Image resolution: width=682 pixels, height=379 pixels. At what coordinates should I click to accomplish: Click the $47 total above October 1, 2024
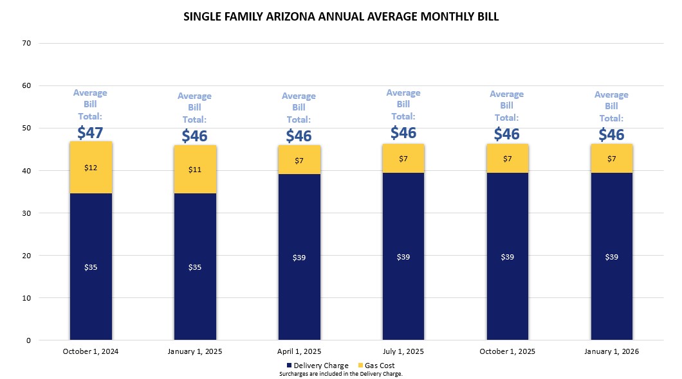(90, 132)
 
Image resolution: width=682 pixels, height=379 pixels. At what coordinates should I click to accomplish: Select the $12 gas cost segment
(91, 168)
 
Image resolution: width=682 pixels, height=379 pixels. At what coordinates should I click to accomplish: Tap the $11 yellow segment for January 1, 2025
(195, 170)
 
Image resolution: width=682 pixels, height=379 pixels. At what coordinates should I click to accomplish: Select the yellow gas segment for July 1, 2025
(403, 158)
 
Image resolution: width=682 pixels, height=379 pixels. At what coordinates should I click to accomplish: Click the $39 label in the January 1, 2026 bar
(612, 257)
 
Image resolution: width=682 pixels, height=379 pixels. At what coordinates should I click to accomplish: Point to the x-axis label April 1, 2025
(299, 351)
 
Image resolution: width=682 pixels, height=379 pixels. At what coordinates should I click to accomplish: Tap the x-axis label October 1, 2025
(508, 351)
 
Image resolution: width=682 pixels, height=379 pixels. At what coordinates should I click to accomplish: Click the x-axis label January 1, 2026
(612, 351)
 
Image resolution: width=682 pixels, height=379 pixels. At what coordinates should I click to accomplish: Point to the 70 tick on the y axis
(26, 43)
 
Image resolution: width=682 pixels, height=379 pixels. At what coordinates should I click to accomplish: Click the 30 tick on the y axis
(26, 213)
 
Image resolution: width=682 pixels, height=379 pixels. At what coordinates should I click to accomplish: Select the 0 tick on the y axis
(28, 340)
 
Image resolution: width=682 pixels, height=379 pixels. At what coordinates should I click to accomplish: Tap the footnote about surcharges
(341, 373)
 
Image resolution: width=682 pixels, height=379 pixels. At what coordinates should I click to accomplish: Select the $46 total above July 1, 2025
(403, 132)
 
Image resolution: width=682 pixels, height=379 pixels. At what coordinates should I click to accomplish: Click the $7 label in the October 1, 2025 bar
(508, 158)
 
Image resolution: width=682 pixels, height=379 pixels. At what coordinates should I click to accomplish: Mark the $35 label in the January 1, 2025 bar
(195, 267)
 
